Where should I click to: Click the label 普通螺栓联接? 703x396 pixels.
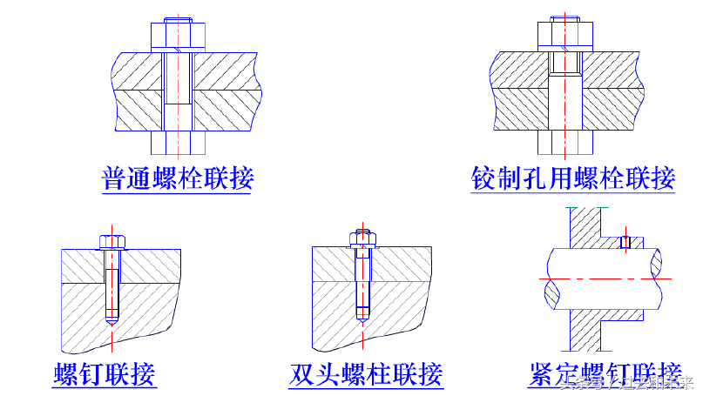[178, 178]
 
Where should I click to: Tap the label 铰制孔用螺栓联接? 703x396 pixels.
[573, 178]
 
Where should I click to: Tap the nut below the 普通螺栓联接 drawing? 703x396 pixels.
[178, 142]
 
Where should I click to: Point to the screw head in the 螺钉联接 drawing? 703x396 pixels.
[110, 241]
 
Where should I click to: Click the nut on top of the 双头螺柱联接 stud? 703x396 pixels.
[362, 238]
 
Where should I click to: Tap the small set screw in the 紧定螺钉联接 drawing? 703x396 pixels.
[625, 242]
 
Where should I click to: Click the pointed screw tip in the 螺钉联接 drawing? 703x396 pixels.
[110, 322]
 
